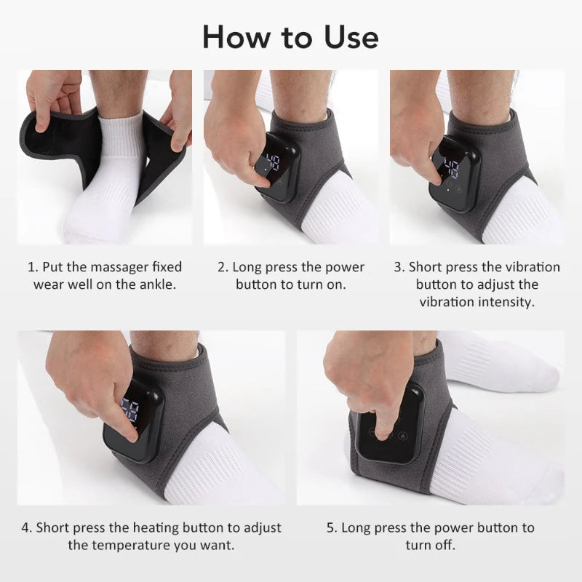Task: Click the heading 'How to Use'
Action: [290, 36]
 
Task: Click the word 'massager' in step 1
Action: [104, 267]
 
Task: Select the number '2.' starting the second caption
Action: [223, 267]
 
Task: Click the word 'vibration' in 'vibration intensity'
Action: [447, 301]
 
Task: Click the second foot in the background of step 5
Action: [509, 371]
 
